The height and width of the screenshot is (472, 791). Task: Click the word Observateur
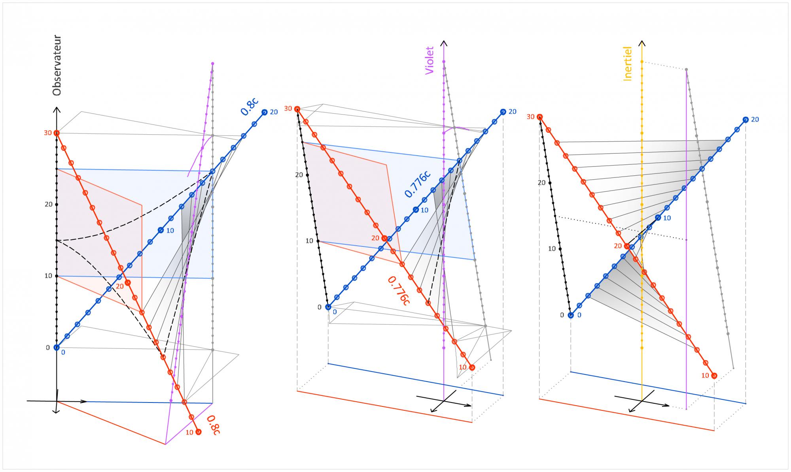(x=57, y=66)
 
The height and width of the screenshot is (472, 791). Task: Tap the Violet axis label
(x=430, y=60)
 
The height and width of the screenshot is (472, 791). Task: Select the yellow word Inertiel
(x=628, y=64)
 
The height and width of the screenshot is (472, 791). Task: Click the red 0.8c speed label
(x=213, y=425)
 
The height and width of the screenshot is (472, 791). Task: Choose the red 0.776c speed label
(x=398, y=290)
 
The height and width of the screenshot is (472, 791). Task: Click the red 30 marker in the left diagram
(x=57, y=133)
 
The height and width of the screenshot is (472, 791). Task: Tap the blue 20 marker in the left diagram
(x=264, y=112)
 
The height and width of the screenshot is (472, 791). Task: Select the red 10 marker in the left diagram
(x=199, y=432)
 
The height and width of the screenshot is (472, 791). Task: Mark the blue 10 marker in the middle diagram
(x=416, y=210)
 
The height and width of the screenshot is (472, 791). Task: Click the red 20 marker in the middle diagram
(x=384, y=238)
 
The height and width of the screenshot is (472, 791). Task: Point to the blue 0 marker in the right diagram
(x=571, y=315)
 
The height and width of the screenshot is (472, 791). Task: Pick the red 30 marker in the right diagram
(x=539, y=117)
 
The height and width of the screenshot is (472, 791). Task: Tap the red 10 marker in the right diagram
(x=714, y=375)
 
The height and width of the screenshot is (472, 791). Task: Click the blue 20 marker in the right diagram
(x=745, y=119)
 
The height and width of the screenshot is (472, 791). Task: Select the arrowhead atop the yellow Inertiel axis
(x=642, y=43)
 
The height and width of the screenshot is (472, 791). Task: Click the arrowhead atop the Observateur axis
(x=57, y=110)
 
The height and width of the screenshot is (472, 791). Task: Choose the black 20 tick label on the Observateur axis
(x=49, y=205)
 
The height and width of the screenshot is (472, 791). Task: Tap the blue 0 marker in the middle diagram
(x=328, y=307)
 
